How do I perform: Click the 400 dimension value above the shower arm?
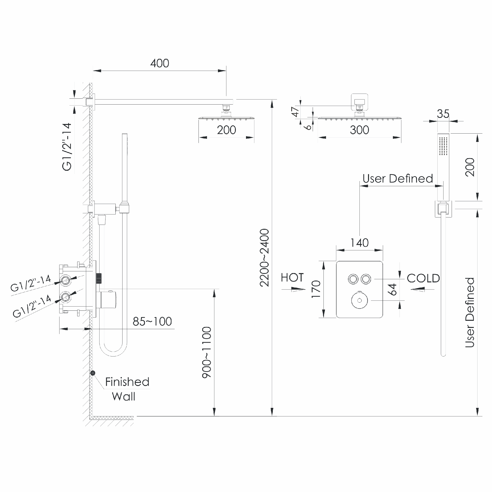[159, 63]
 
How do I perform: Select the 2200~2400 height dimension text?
[264, 258]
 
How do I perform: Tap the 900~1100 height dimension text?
[207, 353]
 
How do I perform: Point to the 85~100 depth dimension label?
[152, 322]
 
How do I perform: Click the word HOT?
[292, 277]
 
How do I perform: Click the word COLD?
[423, 278]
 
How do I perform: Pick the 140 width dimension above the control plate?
[359, 243]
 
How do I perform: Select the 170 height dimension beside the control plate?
[316, 289]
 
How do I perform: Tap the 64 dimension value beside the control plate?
[392, 290]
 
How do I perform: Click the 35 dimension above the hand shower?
[443, 114]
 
